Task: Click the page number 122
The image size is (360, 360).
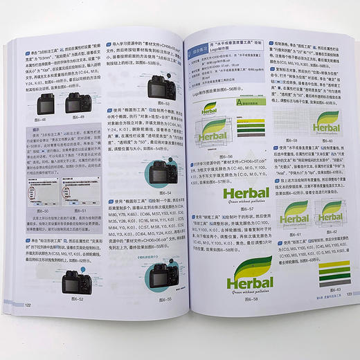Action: pyautogui.click(x=28, y=305)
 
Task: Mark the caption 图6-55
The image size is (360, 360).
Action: pyautogui.click(x=164, y=299)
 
